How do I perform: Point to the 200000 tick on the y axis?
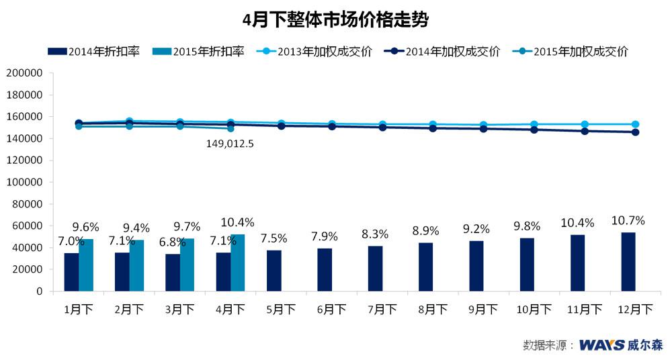click(x=24, y=73)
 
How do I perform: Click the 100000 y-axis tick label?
click(x=24, y=182)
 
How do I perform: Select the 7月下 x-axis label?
click(x=381, y=310)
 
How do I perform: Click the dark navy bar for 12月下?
click(x=628, y=262)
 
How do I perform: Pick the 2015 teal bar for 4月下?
click(x=238, y=263)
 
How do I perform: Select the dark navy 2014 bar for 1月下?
click(x=71, y=272)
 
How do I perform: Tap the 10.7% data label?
click(x=628, y=220)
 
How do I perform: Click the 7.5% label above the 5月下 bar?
click(x=274, y=238)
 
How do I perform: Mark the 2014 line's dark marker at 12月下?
click(x=635, y=132)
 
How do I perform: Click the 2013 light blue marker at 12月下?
click(x=635, y=124)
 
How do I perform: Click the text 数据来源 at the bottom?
click(x=544, y=345)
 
